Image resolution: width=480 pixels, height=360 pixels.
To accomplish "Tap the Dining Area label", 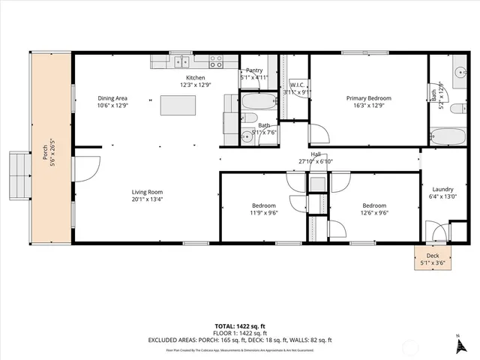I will click(113, 98).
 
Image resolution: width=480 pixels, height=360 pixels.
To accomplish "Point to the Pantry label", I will click(254, 70).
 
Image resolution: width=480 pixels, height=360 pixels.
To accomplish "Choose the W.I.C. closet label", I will click(297, 85).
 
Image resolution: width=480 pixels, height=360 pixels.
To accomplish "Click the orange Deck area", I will click(433, 259).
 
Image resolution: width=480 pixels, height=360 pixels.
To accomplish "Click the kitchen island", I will click(178, 105).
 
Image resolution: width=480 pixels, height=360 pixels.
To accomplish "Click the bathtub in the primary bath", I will click(447, 136).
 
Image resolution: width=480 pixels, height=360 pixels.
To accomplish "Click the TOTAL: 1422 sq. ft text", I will click(240, 327).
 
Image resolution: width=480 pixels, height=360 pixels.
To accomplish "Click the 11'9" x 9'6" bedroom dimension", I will click(263, 212).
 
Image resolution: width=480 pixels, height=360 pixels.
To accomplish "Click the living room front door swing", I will click(85, 168).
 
